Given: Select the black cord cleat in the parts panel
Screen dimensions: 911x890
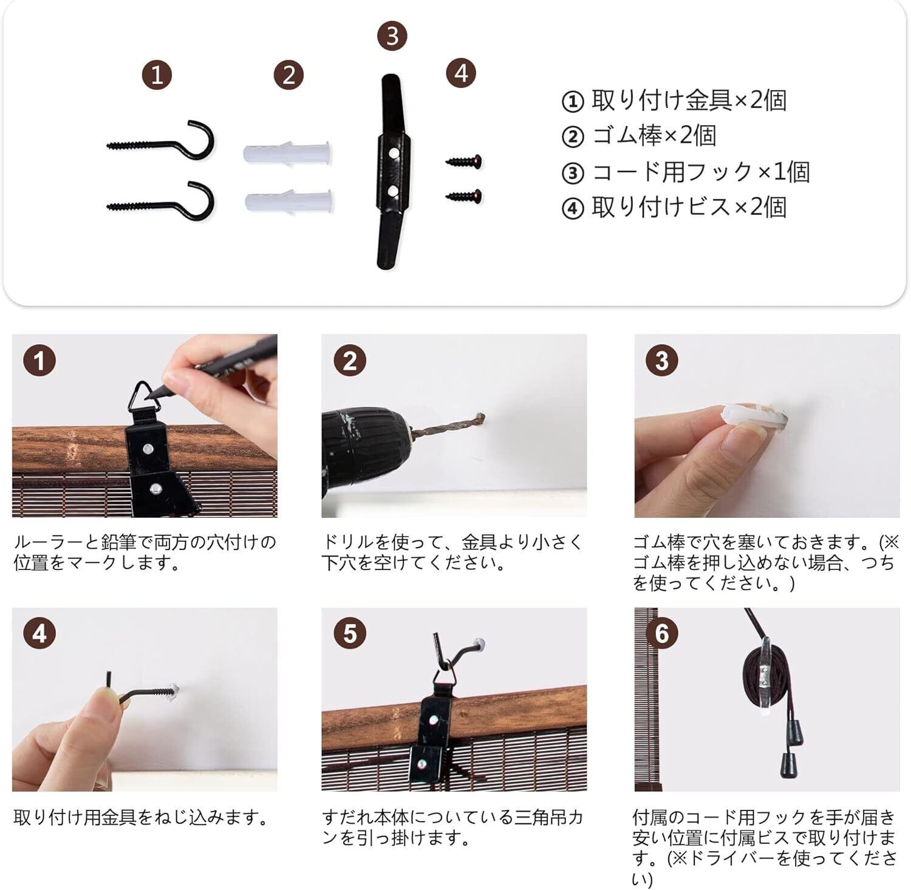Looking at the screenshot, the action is click(x=392, y=172).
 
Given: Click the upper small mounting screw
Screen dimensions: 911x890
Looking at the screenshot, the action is click(x=464, y=161).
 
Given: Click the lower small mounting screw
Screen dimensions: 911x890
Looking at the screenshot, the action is click(x=464, y=195).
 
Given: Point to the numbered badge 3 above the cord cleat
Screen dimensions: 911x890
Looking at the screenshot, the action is click(x=392, y=36).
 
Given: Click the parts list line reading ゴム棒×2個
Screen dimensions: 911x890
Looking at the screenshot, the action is click(x=639, y=135).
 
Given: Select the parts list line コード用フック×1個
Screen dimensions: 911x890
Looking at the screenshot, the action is click(x=686, y=172).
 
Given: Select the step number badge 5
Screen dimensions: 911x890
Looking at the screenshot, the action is click(x=350, y=634).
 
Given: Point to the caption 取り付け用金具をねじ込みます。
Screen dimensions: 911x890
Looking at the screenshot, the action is click(x=141, y=818).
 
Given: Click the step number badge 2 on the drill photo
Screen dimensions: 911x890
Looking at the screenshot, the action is click(x=350, y=361).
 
